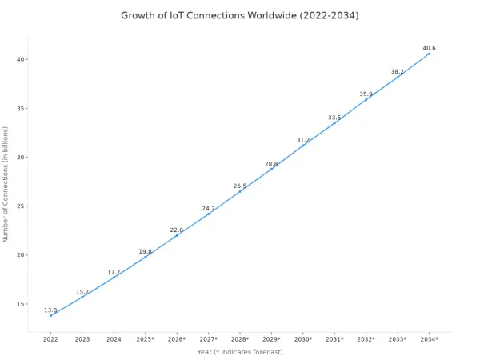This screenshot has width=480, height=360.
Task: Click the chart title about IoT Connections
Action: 240,15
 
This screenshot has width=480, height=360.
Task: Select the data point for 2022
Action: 51,315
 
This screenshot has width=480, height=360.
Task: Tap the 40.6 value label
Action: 429,48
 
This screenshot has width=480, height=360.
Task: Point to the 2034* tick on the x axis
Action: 429,339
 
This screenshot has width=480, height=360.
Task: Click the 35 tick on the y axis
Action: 21,108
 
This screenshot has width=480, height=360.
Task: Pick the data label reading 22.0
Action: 177,230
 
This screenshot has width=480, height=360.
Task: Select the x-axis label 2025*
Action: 145,339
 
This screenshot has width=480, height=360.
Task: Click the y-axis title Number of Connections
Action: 6,185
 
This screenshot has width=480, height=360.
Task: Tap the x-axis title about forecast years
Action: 240,352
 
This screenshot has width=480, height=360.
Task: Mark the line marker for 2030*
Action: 303,146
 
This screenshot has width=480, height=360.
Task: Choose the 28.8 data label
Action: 271,164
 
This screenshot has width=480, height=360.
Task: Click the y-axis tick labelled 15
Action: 21,304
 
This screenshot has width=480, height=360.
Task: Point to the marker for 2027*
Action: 209,214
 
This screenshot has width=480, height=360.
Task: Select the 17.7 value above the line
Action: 114,272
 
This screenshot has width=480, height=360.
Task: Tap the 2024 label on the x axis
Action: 114,339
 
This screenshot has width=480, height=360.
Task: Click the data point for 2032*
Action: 366,99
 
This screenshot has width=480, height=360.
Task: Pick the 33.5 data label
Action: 334,118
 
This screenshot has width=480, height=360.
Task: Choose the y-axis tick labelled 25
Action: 21,206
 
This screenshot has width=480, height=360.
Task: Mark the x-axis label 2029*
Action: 271,339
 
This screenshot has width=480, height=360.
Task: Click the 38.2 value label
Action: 398,72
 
